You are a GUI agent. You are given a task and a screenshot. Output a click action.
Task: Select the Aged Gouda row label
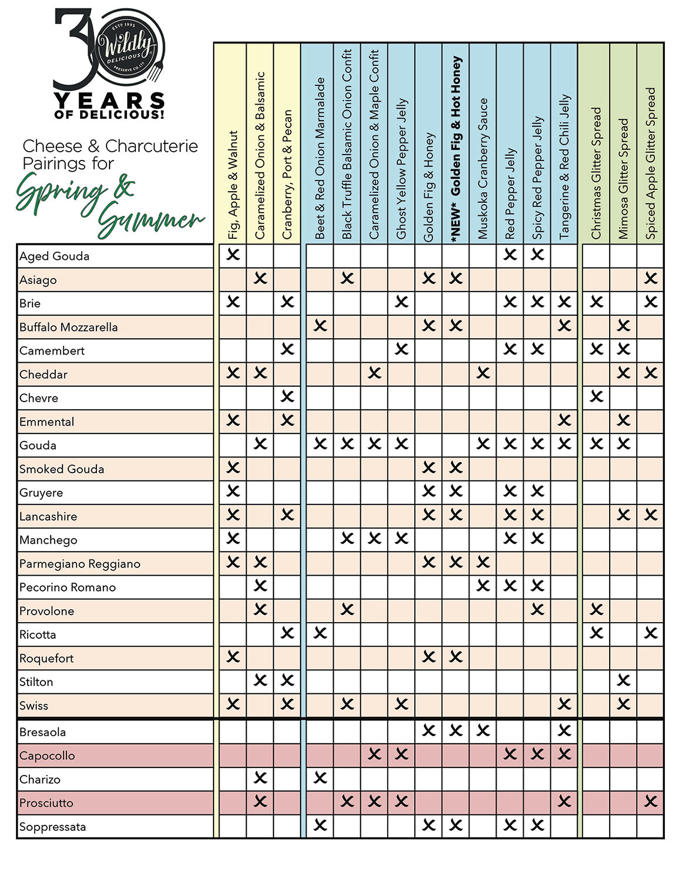[55, 256]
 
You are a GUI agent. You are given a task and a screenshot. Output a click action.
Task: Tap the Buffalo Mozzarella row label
[69, 328]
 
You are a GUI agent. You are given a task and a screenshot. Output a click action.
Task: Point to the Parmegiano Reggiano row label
[80, 564]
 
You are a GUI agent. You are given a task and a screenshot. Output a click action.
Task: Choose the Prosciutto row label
[46, 803]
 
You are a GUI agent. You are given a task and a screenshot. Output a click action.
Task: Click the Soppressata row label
[53, 827]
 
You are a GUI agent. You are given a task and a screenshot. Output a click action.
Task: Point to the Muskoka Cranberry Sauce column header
[483, 169]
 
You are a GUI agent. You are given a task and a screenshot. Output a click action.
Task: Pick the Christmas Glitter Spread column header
[596, 173]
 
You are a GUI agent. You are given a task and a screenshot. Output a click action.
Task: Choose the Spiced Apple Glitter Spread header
[650, 163]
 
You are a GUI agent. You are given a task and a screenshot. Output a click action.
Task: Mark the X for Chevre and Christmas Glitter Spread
[596, 396]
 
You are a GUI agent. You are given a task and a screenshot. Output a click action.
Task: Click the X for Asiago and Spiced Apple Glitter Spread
[650, 278]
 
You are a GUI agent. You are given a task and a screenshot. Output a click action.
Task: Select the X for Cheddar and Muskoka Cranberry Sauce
[483, 373]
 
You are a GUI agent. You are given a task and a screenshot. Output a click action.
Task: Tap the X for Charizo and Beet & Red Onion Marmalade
[320, 778]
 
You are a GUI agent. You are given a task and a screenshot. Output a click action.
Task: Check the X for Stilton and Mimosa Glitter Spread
[623, 681]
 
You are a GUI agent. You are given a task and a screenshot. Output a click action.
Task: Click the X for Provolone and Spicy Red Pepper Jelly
[537, 610]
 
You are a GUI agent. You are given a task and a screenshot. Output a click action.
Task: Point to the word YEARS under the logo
[109, 100]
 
